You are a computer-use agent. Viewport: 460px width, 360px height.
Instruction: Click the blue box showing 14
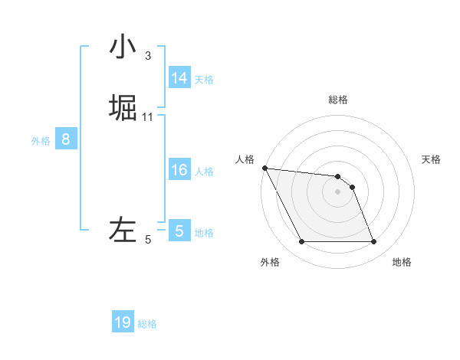tap(179, 78)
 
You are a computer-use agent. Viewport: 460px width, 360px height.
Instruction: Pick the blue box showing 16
tap(179, 170)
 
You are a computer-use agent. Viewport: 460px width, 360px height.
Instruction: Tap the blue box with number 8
tap(66, 139)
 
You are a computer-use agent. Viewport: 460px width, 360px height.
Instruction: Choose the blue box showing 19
tap(123, 322)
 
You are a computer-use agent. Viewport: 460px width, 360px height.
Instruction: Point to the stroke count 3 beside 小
tap(147, 55)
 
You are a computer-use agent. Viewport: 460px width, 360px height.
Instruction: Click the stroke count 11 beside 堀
tap(147, 116)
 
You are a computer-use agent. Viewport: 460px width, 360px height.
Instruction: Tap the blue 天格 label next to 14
tap(204, 80)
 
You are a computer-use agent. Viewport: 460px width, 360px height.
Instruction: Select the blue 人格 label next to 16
tap(204, 172)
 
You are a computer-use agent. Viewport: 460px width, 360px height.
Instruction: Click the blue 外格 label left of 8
tap(41, 141)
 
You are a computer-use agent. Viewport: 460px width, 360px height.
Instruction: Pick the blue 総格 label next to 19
tap(147, 324)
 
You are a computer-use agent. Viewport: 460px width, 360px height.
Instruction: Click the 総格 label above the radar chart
tap(338, 100)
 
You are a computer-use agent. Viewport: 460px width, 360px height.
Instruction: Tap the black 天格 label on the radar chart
tap(431, 159)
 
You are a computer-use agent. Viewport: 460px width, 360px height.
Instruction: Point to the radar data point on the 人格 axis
tap(264, 168)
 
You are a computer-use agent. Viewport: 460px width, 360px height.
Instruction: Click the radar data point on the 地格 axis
tap(373, 242)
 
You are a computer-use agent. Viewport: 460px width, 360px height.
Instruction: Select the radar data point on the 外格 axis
tap(301, 242)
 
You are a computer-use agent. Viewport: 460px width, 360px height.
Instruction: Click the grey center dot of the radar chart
tap(338, 191)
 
